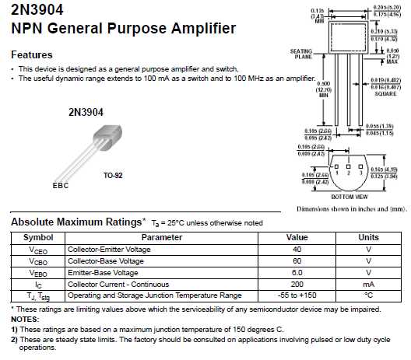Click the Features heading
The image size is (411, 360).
click(32, 54)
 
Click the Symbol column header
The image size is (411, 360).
click(37, 237)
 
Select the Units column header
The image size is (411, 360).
click(368, 237)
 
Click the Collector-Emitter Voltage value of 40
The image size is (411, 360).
click(297, 249)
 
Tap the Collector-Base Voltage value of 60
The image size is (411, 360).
click(297, 260)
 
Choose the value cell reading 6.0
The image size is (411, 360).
click(297, 272)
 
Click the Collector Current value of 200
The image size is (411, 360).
click(297, 284)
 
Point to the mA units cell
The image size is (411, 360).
click(368, 284)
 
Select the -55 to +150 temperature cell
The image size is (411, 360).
click(297, 295)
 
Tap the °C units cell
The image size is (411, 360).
click(368, 295)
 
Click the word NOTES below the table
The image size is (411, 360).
click(24, 319)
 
